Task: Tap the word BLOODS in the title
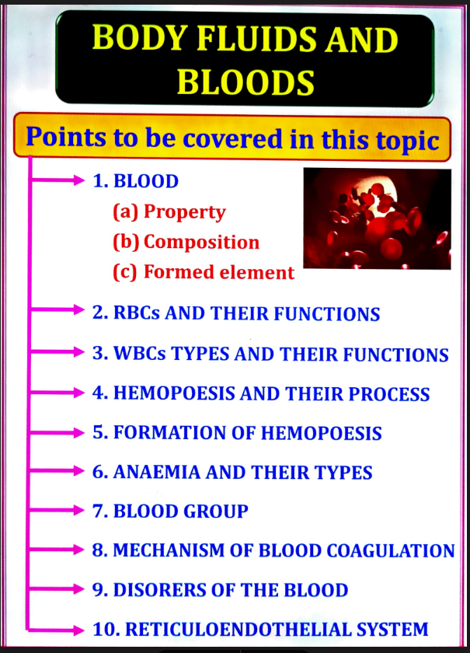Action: click(x=245, y=81)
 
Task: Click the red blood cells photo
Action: click(x=377, y=218)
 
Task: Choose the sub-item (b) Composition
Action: click(x=186, y=242)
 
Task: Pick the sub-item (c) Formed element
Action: click(x=204, y=273)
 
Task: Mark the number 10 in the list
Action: click(x=103, y=629)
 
